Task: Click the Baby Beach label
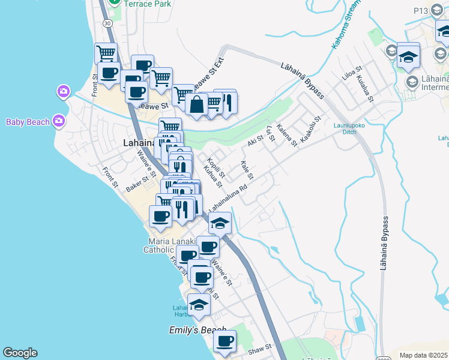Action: point(28,122)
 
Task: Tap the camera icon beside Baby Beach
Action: point(58,121)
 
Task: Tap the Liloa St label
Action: point(349,78)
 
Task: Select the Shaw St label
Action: point(261,347)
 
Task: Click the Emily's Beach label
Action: point(197,331)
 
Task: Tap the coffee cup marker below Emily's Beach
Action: point(225,341)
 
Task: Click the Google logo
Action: point(20,353)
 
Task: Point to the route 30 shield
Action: point(106,23)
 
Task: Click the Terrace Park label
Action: point(148,4)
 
